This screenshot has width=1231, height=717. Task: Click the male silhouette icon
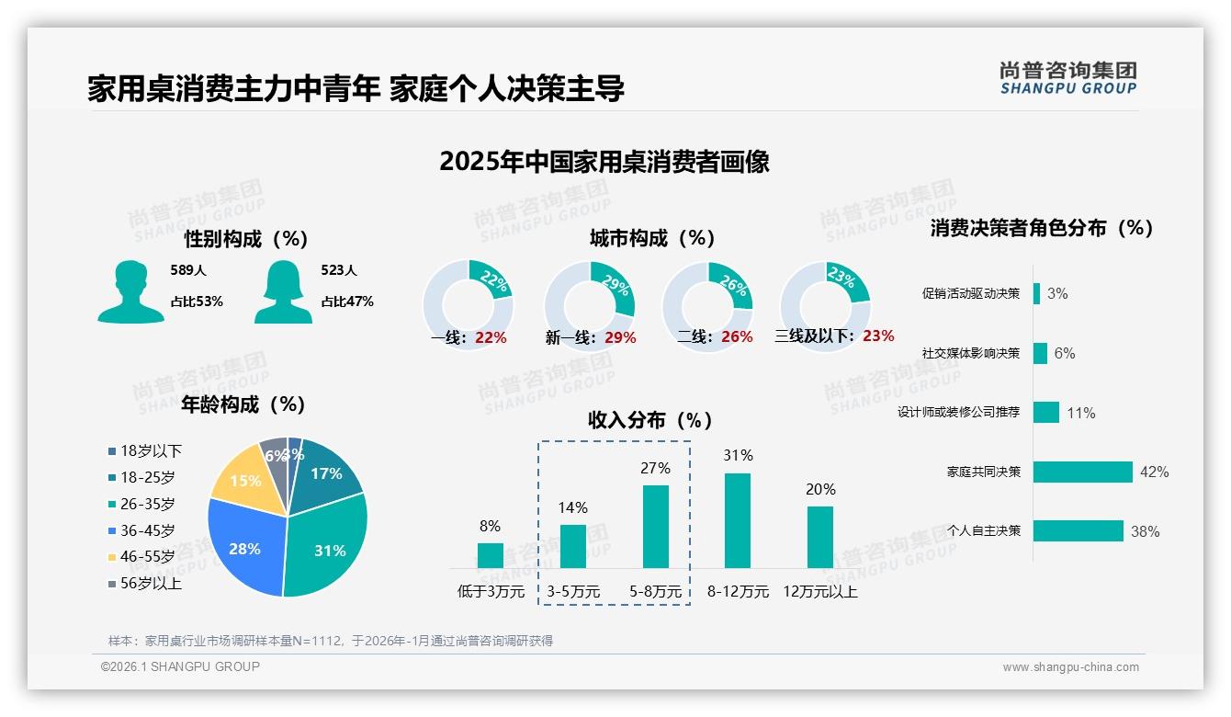tap(130, 292)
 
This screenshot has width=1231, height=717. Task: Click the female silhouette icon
tap(283, 292)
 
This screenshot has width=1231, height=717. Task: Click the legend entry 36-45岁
tap(147, 530)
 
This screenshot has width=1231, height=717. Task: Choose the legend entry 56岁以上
tap(151, 584)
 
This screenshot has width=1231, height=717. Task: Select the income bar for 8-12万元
tap(738, 520)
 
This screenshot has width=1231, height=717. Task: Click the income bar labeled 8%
tap(491, 555)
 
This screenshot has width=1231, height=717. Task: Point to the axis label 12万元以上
tap(820, 592)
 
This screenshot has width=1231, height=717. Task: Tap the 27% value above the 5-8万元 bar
tap(655, 468)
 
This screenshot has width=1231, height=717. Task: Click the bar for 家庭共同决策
tap(1083, 472)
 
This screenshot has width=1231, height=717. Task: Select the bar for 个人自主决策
tap(1079, 531)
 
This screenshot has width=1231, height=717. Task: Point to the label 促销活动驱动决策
tap(971, 294)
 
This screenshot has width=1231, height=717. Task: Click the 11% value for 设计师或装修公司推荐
tap(1081, 414)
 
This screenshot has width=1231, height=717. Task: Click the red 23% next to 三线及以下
tap(878, 336)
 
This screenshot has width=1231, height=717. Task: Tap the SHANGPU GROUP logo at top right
tap(1068, 78)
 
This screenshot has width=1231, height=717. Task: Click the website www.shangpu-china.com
tap(1070, 667)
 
